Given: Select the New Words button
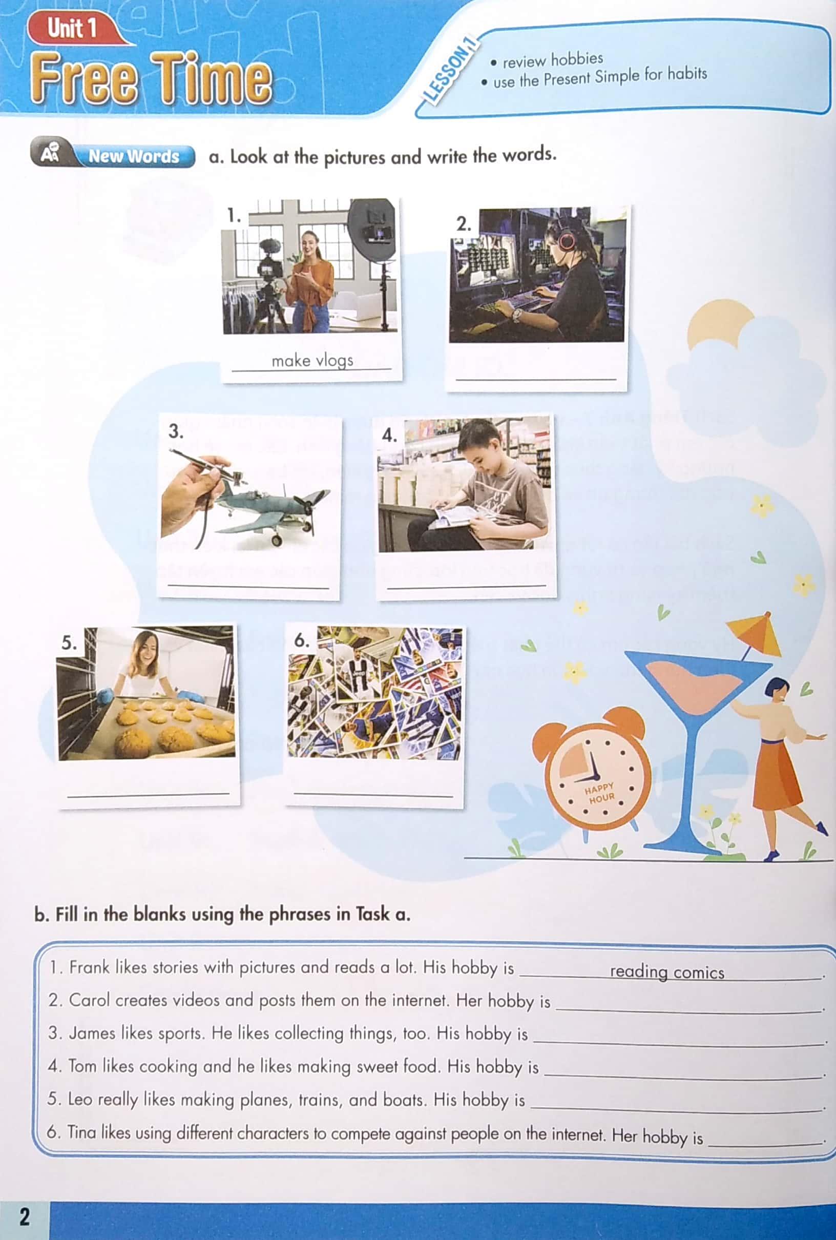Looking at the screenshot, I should [133, 156].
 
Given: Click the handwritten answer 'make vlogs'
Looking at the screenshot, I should [312, 361].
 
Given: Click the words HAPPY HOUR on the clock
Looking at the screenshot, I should [600, 793].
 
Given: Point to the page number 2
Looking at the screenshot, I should [25, 1216].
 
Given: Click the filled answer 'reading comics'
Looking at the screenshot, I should [666, 972].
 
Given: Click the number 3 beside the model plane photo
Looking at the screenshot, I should [175, 431].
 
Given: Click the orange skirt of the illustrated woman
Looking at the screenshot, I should [778, 773].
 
